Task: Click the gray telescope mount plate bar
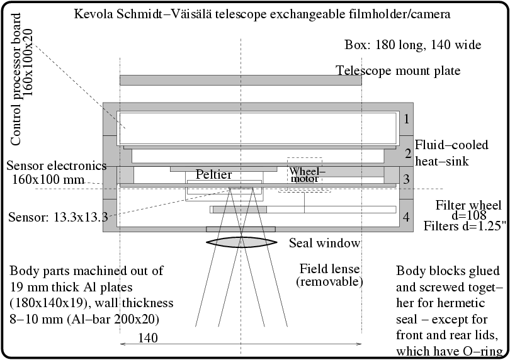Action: pyautogui.click(x=240, y=81)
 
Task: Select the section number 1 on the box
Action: pyautogui.click(x=407, y=118)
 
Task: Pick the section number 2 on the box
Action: pyautogui.click(x=407, y=154)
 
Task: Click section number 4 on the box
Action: pyautogui.click(x=407, y=218)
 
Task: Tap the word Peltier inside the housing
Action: pyautogui.click(x=213, y=174)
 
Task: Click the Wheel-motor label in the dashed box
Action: pyautogui.click(x=305, y=175)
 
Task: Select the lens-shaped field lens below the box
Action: pyautogui.click(x=240, y=242)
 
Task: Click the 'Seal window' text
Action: pyautogui.click(x=324, y=243)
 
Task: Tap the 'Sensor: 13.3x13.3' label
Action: pyautogui.click(x=58, y=218)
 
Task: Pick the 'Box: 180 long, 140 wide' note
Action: pyautogui.click(x=413, y=45)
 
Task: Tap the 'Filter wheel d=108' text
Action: pyautogui.click(x=468, y=211)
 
